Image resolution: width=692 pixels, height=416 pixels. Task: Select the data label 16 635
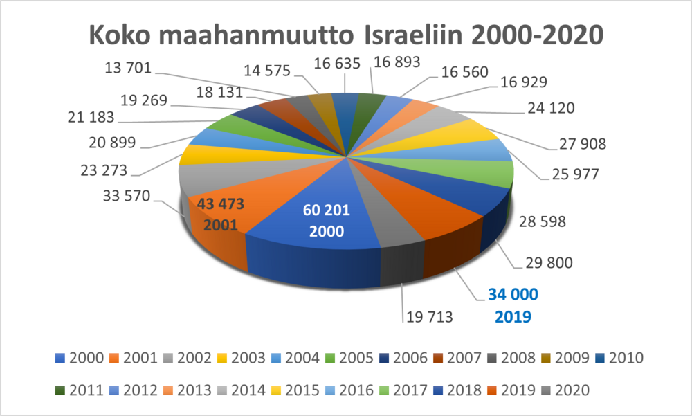(x=337, y=64)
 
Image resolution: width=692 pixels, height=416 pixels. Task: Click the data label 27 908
(x=582, y=144)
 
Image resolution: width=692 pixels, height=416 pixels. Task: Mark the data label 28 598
(x=543, y=221)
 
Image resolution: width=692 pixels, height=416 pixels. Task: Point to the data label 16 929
(x=523, y=82)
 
